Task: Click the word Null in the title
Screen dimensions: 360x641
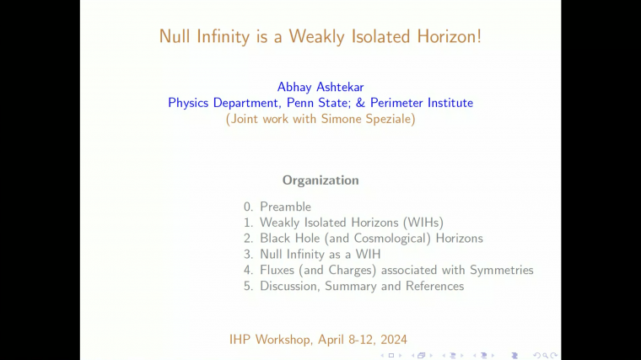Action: tap(175, 36)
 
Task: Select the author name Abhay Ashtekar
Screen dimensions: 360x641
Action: tap(320, 87)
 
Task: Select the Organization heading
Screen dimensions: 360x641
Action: tap(320, 180)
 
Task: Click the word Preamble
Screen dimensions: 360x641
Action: tap(285, 207)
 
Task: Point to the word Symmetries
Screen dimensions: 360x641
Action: tap(502, 271)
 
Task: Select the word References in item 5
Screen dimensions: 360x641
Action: tap(433, 287)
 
